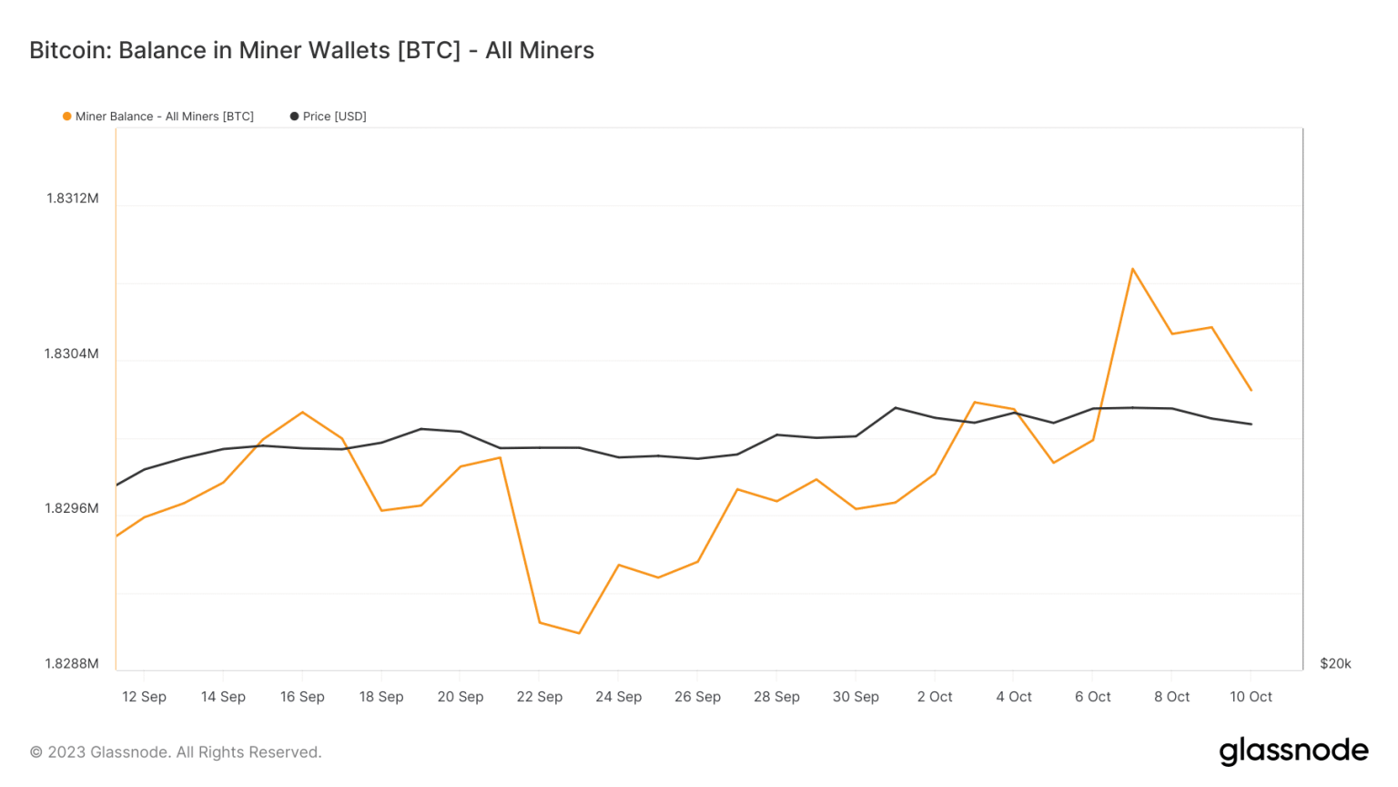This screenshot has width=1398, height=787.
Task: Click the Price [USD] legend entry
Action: click(329, 117)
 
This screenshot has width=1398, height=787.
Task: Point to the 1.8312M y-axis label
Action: click(72, 199)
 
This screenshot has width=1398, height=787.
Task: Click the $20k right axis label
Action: click(1335, 663)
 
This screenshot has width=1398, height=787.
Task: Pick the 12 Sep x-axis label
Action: click(144, 697)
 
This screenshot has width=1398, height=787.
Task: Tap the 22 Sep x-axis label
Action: click(539, 697)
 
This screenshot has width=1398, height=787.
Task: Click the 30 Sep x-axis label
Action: click(856, 697)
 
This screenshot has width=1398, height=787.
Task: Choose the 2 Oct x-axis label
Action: click(935, 697)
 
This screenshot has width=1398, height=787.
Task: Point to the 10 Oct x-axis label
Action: click(1251, 697)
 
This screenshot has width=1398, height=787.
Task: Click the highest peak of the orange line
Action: click(1132, 269)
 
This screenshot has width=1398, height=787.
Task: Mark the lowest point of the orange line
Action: click(579, 633)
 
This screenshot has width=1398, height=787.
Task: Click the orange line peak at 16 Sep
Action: click(302, 413)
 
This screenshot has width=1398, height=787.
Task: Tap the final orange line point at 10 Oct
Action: click(1251, 390)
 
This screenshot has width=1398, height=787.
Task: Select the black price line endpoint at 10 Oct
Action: click(1251, 424)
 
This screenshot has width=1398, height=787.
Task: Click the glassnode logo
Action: click(1293, 751)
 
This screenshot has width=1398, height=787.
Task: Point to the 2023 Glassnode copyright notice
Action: click(176, 752)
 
